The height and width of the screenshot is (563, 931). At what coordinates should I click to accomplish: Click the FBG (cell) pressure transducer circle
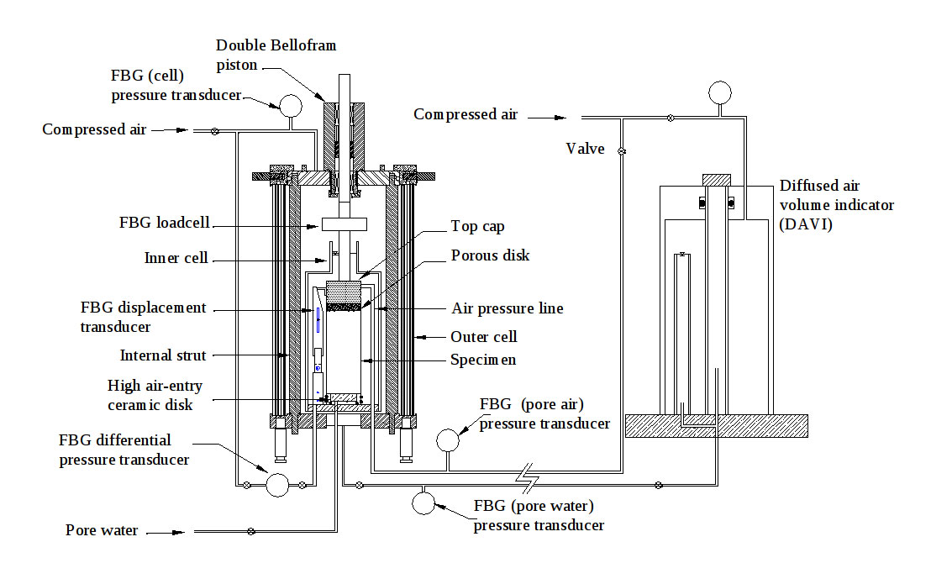click(291, 105)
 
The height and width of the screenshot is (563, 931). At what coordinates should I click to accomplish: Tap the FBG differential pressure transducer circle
click(276, 484)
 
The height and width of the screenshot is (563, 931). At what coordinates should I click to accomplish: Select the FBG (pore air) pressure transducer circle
click(448, 440)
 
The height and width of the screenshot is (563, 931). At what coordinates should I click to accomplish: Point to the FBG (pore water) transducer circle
click(423, 503)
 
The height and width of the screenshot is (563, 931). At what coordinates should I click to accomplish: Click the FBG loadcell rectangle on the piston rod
click(345, 224)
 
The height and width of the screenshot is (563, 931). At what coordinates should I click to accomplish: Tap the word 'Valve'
click(585, 149)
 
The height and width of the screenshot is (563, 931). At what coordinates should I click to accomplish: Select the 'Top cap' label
click(476, 226)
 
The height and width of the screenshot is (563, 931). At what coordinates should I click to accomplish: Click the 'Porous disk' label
click(491, 255)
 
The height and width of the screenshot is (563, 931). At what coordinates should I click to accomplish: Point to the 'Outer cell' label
click(483, 337)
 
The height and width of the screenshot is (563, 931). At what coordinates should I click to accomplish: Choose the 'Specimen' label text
click(483, 360)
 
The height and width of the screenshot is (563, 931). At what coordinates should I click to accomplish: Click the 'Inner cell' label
click(176, 258)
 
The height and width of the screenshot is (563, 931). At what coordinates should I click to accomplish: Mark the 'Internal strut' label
click(163, 355)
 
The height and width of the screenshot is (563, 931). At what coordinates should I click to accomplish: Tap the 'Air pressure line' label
click(508, 308)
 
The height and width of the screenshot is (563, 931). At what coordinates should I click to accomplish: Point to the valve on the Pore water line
click(250, 531)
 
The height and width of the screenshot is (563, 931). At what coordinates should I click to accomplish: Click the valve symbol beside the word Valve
click(622, 151)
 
